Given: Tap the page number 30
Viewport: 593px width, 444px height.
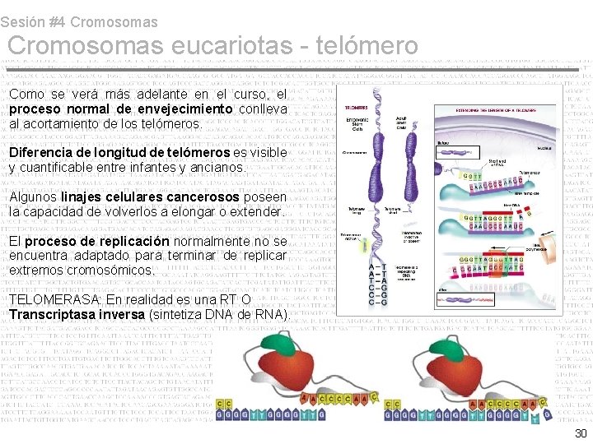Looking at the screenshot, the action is [x=581, y=433].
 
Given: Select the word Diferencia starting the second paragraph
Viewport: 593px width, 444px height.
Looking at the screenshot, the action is [x=39, y=153].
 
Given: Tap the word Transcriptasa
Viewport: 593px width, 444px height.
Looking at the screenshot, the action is [x=50, y=316].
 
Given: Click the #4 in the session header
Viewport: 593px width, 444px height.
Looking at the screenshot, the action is [x=60, y=22].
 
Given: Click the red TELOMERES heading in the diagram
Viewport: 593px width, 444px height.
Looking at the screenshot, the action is [x=357, y=108].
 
